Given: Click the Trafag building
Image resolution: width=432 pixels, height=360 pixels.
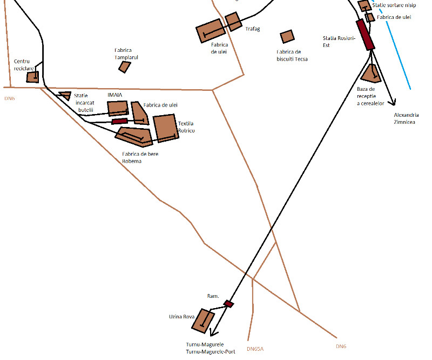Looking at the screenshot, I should [233, 22].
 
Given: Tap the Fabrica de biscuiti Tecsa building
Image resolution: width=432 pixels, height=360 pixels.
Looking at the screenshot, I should [287, 37].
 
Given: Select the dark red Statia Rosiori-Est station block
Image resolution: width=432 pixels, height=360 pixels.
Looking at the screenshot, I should [365, 35].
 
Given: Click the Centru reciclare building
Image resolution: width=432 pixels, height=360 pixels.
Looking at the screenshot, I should [32, 77].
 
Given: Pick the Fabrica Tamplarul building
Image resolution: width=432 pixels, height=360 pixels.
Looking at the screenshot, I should [125, 66].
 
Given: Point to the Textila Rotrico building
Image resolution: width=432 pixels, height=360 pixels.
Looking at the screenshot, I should [165, 128].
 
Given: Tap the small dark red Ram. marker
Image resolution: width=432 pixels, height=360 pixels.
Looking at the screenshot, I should [229, 304].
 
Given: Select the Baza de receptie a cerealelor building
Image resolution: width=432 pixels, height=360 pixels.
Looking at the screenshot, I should [370, 74].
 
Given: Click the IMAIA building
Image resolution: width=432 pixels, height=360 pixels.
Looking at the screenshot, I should [118, 108].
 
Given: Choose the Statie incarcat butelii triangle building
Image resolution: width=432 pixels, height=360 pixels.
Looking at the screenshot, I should [65, 95].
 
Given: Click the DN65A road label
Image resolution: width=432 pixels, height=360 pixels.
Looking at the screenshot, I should [255, 349].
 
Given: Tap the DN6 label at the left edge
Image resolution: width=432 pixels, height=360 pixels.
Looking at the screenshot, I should [10, 98].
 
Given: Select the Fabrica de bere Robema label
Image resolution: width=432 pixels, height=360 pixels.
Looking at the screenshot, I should [140, 157].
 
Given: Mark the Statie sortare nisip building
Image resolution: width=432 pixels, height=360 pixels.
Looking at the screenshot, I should [364, 6].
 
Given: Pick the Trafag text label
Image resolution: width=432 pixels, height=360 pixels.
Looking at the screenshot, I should [253, 29].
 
